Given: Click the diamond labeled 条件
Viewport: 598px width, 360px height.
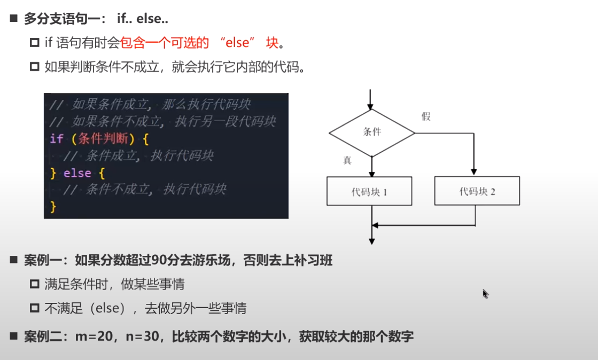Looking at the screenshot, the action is pyautogui.click(x=371, y=132).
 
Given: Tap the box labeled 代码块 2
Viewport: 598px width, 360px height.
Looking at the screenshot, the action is pyautogui.click(x=477, y=191).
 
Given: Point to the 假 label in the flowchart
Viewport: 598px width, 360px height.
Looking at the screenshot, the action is pyautogui.click(x=426, y=116).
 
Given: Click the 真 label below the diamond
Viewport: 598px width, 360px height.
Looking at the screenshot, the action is pyautogui.click(x=347, y=160).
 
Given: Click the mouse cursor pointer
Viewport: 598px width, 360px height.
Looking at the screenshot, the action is pyautogui.click(x=485, y=293).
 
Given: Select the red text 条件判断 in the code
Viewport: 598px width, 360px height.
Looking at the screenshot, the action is pyautogui.click(x=103, y=139).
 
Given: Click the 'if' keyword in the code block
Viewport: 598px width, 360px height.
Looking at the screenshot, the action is pyautogui.click(x=56, y=139).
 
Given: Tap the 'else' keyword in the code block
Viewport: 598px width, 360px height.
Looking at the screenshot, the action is pyautogui.click(x=77, y=173).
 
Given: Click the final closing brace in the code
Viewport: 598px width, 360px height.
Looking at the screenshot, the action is pyautogui.click(x=53, y=206).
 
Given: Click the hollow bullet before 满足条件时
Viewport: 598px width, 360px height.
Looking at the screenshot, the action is pyautogui.click(x=35, y=284).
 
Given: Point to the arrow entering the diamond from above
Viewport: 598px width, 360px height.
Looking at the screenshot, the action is pyautogui.click(x=371, y=100).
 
